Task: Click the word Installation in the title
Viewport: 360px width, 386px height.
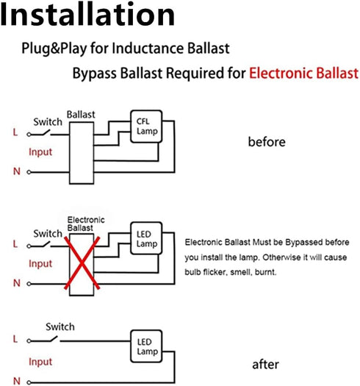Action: tap(87, 14)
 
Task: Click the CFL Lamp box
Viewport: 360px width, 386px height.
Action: tap(146, 126)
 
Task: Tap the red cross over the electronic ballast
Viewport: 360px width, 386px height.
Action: tap(82, 263)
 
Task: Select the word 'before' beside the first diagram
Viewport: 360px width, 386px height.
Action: tap(267, 142)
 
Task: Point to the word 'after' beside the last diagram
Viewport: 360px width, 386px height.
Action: tap(265, 365)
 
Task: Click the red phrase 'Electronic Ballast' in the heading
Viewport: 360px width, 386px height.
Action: tap(304, 73)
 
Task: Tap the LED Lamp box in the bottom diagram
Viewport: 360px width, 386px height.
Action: tap(146, 346)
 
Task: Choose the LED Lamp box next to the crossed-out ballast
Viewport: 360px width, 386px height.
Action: tap(146, 238)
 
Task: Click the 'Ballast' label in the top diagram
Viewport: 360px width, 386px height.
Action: tap(81, 115)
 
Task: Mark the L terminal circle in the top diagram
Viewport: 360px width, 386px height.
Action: tap(29, 135)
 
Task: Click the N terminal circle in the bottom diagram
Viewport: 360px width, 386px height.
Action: tap(29, 382)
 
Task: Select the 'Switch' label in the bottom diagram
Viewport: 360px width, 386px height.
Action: tap(60, 327)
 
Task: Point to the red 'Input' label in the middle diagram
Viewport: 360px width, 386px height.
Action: tap(40, 264)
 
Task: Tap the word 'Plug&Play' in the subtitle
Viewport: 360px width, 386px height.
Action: tap(54, 49)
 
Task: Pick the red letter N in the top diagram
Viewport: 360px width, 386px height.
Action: tap(17, 171)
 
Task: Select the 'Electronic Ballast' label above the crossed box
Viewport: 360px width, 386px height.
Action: tap(86, 224)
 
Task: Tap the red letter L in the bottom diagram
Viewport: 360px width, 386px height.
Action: tap(15, 339)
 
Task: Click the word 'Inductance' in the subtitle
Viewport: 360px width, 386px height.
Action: tap(148, 48)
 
